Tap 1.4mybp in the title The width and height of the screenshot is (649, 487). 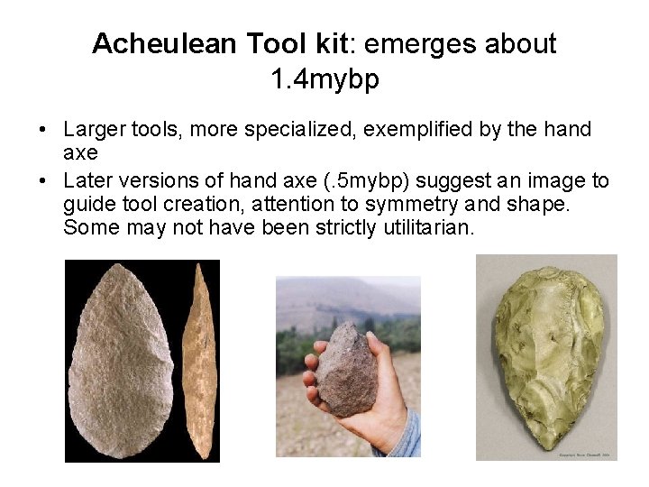[x=324, y=80]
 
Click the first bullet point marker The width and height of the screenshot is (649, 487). [x=43, y=131]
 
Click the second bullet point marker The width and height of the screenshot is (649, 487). [x=43, y=180]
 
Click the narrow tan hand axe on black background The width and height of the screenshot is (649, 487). [x=199, y=361]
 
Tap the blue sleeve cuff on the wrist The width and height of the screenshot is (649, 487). [x=407, y=437]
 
